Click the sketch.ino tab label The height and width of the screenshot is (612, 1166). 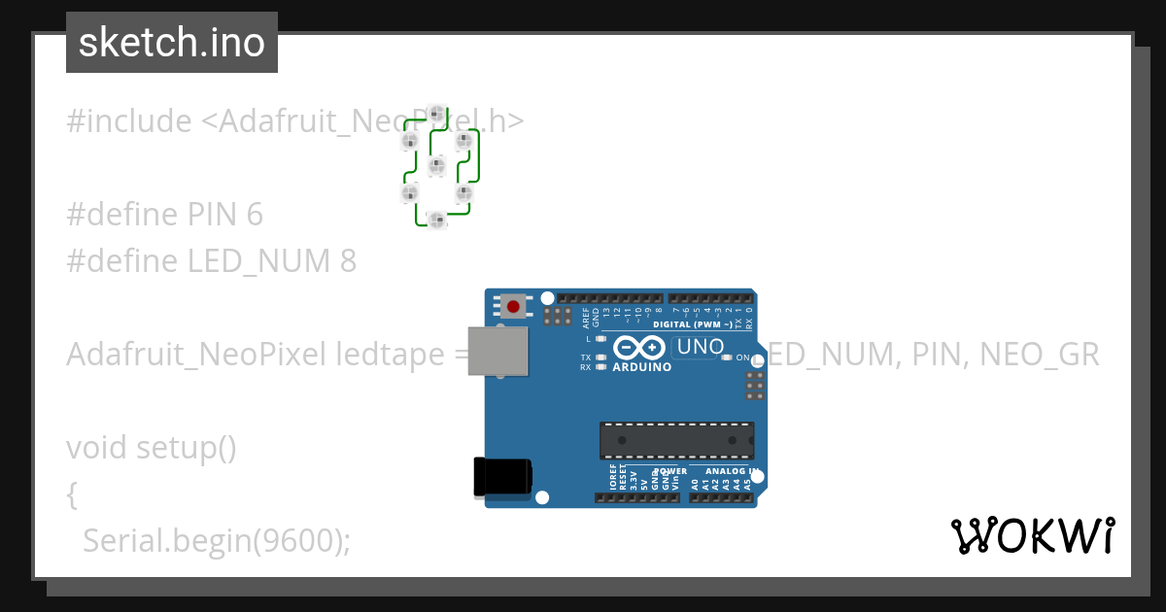[171, 43]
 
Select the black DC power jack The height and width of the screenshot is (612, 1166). [501, 476]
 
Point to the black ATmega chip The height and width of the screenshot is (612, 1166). [676, 439]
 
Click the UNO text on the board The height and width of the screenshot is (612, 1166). [700, 347]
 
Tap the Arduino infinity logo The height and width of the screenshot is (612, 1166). [639, 347]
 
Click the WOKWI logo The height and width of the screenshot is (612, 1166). [1032, 535]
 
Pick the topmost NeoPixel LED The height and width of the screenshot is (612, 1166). [437, 115]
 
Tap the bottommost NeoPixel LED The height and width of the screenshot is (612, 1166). [437, 221]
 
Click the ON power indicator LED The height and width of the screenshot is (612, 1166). [727, 357]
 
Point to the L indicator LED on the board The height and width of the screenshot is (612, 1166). [601, 339]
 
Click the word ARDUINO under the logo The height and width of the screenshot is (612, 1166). [642, 368]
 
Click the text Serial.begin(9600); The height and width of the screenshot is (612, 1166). [216, 540]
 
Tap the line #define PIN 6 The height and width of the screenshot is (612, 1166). [164, 214]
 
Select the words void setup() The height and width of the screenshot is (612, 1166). [152, 448]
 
